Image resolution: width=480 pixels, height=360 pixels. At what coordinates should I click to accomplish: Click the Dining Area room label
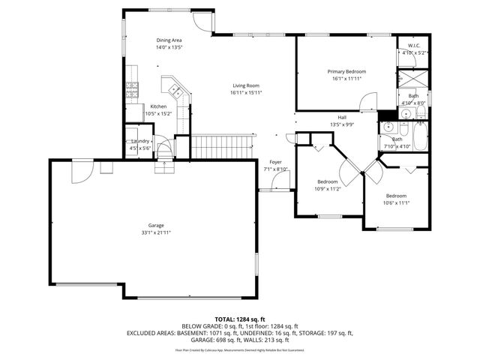click(x=169, y=40)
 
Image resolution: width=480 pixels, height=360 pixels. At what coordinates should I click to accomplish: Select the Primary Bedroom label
click(x=346, y=71)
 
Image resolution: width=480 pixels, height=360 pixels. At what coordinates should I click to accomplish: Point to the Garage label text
click(x=155, y=226)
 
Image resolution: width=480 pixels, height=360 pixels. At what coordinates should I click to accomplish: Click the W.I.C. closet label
click(x=413, y=46)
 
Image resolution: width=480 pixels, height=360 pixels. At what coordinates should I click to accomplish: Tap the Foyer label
click(x=275, y=162)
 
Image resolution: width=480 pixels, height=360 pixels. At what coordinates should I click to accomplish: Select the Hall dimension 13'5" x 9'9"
click(x=341, y=124)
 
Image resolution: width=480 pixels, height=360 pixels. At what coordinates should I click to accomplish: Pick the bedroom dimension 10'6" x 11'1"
click(x=395, y=202)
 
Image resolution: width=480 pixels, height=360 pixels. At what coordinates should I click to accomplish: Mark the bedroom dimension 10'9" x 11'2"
click(x=327, y=189)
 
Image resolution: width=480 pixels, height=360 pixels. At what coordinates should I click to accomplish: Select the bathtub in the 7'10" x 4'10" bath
click(x=415, y=138)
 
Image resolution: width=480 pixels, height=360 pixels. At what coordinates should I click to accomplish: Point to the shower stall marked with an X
click(x=412, y=79)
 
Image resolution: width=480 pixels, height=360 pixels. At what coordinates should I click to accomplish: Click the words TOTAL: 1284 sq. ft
click(x=239, y=319)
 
